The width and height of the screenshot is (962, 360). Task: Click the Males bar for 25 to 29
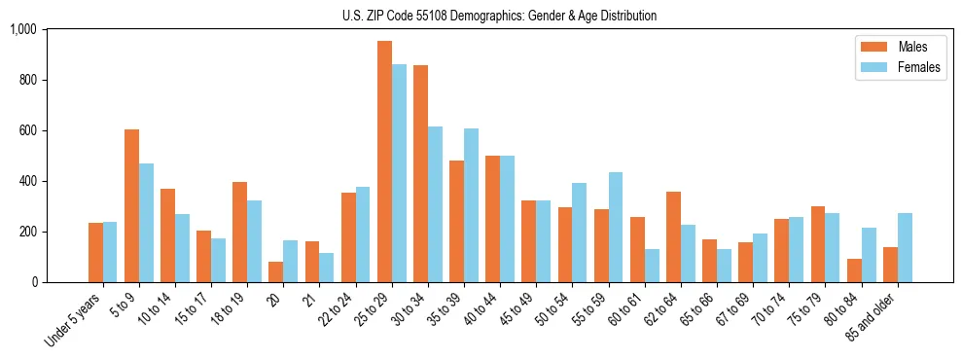coord(385,162)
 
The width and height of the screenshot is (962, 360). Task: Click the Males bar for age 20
coord(276,271)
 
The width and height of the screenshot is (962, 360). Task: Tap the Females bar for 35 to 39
coord(471,205)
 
